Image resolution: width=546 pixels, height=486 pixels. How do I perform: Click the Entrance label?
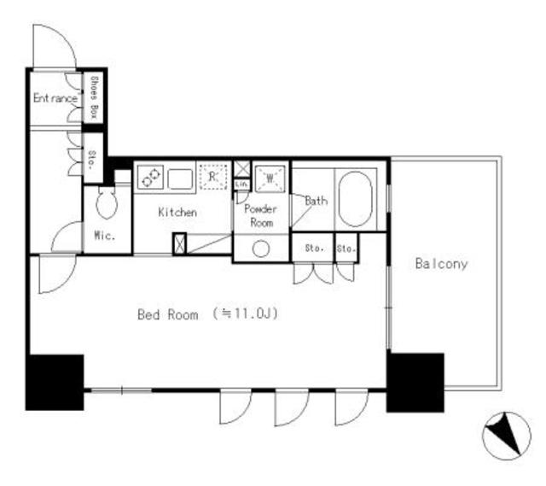tap(55, 99)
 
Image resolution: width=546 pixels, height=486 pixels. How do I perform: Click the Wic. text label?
tap(104, 236)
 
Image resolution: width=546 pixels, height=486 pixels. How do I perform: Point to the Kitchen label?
tap(177, 211)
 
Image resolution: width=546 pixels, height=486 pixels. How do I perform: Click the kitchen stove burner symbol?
tap(150, 177)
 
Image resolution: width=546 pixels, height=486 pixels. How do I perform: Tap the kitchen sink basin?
tap(180, 179)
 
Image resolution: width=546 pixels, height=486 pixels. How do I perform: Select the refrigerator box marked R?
tap(212, 176)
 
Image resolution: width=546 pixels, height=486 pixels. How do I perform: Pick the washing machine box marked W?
tap(270, 177)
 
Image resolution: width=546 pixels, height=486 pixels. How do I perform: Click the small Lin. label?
tap(241, 184)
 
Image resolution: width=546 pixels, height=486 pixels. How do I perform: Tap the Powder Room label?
tap(259, 215)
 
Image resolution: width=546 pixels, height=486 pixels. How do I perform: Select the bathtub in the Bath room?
tap(355, 200)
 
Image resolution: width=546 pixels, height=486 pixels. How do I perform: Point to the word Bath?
tap(316, 202)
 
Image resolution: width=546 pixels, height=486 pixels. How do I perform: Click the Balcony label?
tap(441, 264)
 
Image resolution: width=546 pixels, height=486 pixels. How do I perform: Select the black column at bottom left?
tap(55, 381)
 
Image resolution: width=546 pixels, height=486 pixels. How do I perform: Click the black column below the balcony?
tap(415, 381)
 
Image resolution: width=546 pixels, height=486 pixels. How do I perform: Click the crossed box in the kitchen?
tap(179, 243)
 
